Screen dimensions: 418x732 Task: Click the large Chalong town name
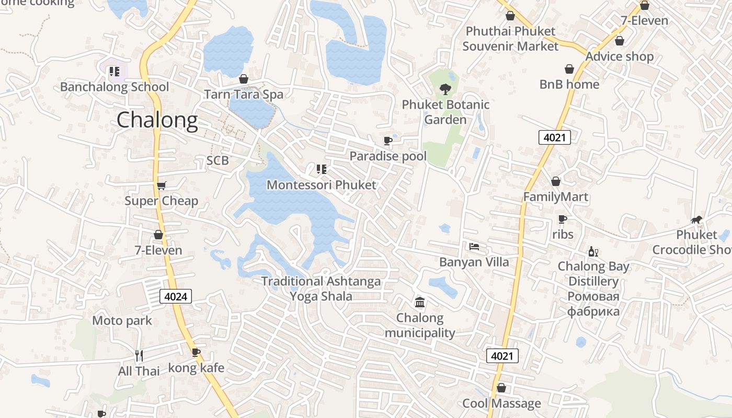pos(157,121)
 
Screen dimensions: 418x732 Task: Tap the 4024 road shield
pos(175,297)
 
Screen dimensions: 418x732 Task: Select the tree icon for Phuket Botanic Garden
pos(445,89)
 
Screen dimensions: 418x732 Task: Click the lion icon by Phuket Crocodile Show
pos(696,220)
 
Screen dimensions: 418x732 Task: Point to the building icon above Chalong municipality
pos(419,303)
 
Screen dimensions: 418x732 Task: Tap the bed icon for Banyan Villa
pos(474,246)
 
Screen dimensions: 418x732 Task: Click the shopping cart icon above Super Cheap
pos(161,185)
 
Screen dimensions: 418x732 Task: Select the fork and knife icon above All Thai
pos(139,356)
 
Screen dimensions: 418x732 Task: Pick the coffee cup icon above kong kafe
pos(196,353)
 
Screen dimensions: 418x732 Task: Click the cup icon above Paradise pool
pos(387,141)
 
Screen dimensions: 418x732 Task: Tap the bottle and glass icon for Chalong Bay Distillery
pos(593,251)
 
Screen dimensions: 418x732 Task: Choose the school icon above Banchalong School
pos(114,72)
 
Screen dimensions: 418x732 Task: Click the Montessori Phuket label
pos(321,185)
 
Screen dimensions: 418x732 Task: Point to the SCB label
pos(218,160)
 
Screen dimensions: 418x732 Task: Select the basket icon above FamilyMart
pos(555,181)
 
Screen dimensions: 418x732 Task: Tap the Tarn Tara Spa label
pos(243,95)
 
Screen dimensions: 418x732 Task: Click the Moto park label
pos(122,320)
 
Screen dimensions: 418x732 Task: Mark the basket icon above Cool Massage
pos(501,388)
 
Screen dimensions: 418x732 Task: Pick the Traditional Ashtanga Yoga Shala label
pos(321,289)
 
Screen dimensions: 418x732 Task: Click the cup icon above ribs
pos(562,219)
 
